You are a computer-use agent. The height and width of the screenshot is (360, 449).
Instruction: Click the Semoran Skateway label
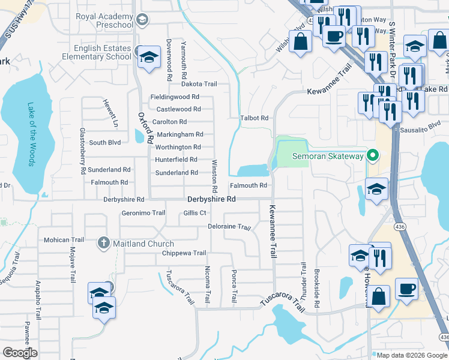[328, 157]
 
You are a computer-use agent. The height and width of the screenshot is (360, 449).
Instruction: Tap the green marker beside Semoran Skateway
[372, 157]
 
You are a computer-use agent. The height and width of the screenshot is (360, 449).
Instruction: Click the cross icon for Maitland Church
[103, 244]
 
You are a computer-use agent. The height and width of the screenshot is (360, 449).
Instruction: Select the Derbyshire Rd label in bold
[212, 199]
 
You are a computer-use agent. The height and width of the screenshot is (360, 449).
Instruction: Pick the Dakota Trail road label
[199, 85]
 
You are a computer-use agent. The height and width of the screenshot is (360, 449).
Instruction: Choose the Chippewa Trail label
[184, 253]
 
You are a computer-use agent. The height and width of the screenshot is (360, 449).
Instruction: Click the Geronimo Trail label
[143, 213]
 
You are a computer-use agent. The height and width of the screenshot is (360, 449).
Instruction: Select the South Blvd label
[104, 143]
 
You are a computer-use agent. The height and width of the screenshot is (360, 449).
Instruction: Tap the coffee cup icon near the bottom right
[406, 288]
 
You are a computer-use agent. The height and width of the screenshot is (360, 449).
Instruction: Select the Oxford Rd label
[142, 127]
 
